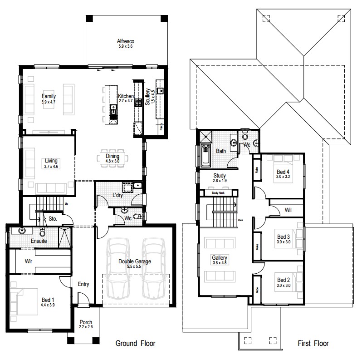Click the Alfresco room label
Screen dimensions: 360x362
(x=126, y=41)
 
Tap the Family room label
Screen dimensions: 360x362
(x=49, y=96)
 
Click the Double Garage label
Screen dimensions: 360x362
(x=135, y=261)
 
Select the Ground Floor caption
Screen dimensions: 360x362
(x=136, y=343)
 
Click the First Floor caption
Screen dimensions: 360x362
(x=313, y=343)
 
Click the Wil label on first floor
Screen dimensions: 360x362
(x=288, y=210)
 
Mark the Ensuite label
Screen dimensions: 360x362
(x=39, y=241)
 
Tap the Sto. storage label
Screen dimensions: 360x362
(x=52, y=219)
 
